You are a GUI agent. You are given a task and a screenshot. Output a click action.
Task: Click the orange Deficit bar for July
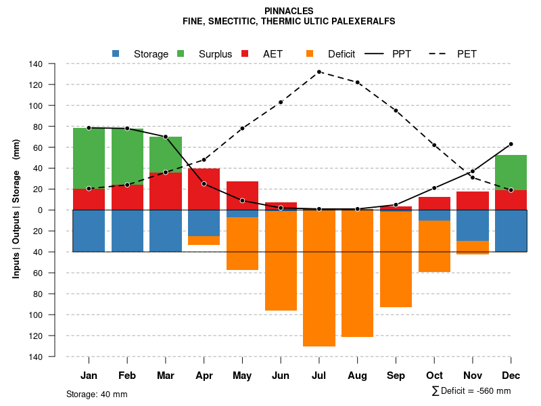click(319, 278)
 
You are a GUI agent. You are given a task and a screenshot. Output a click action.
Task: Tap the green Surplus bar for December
click(511, 173)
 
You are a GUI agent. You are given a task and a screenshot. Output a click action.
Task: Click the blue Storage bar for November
click(473, 225)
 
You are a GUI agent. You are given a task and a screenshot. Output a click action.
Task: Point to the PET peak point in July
click(319, 72)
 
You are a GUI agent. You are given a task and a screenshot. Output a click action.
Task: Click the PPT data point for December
click(511, 144)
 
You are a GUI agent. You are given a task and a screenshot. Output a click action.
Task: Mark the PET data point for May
click(242, 128)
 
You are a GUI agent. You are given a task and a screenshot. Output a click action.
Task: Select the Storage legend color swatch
click(116, 53)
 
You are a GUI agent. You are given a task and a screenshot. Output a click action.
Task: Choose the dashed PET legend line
click(439, 53)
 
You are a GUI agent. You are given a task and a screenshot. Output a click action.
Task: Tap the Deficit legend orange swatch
click(310, 53)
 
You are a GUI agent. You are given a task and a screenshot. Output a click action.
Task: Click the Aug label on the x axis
click(357, 376)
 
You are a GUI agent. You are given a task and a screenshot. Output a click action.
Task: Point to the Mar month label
click(166, 376)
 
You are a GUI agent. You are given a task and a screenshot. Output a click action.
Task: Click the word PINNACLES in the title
click(289, 12)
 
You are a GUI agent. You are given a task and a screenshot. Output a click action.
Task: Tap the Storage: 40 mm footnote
click(97, 394)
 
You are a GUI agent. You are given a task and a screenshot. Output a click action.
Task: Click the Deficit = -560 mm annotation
click(471, 391)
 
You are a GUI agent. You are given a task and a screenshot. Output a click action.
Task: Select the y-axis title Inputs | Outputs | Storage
click(16, 210)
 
